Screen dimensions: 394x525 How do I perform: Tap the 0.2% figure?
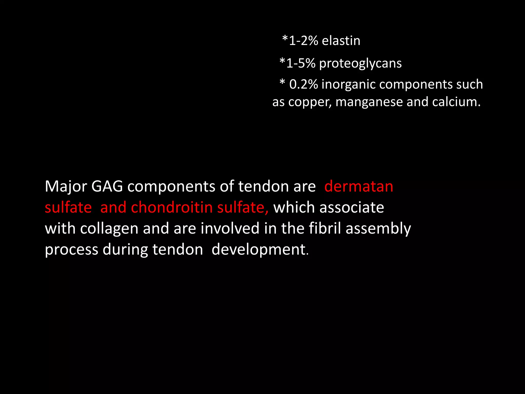[x=304, y=84]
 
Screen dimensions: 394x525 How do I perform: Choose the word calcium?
[x=456, y=102]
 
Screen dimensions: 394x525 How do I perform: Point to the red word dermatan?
[x=359, y=186]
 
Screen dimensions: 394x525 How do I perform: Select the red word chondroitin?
[x=172, y=207]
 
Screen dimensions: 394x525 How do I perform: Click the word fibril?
[x=325, y=228]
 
